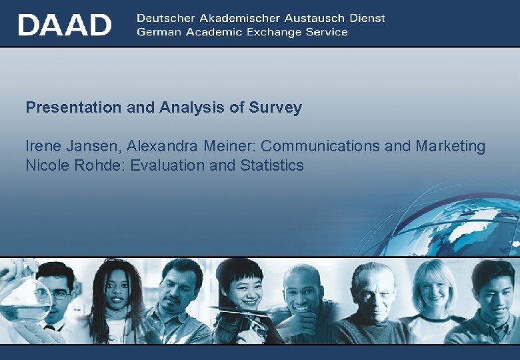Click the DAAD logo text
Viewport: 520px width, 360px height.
click(x=65, y=25)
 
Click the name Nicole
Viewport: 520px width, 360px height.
click(x=47, y=165)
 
